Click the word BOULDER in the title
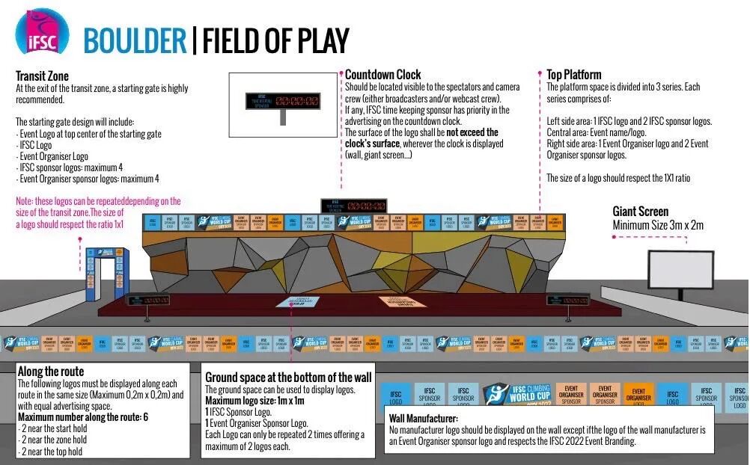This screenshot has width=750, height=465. (135, 40)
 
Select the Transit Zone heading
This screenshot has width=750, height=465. (42, 76)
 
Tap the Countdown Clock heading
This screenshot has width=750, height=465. (382, 75)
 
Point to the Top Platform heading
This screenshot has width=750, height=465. (573, 75)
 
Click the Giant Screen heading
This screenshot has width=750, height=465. (640, 212)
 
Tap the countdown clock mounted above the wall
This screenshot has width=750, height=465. (353, 205)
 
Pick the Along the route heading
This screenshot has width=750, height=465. (50, 372)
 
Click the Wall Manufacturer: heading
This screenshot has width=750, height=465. (422, 418)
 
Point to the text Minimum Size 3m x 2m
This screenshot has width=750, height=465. (658, 225)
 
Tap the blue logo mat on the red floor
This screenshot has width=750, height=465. (298, 302)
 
